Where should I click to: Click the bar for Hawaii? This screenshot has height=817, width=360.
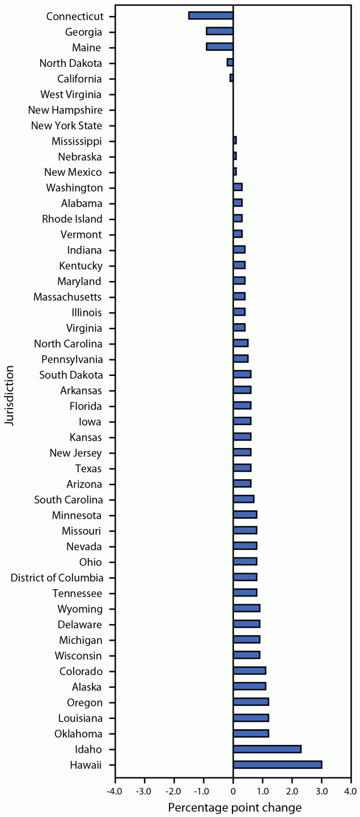pyautogui.click(x=277, y=765)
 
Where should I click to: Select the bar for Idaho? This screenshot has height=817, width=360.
pyautogui.click(x=267, y=749)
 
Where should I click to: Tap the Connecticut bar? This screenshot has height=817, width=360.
pyautogui.click(x=211, y=15)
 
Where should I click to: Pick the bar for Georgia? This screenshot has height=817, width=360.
pyautogui.click(x=219, y=31)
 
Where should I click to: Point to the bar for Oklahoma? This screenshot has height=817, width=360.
pyautogui.click(x=251, y=734)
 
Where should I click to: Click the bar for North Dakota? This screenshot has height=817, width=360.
pyautogui.click(x=230, y=62)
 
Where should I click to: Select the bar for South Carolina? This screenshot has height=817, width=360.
pyautogui.click(x=243, y=499)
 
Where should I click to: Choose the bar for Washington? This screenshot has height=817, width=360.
pyautogui.click(x=238, y=188)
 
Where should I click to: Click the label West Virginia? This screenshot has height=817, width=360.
pyautogui.click(x=71, y=94)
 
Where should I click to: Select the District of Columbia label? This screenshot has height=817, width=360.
pyautogui.click(x=57, y=578)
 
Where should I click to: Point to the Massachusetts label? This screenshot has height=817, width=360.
pyautogui.click(x=67, y=297)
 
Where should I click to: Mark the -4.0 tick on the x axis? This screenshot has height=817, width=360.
pyautogui.click(x=115, y=790)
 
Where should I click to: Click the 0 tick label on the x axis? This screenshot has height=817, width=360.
pyautogui.click(x=233, y=790)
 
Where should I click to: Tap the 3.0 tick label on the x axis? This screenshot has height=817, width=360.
pyautogui.click(x=321, y=790)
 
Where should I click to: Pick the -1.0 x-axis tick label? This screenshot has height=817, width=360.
pyautogui.click(x=203, y=790)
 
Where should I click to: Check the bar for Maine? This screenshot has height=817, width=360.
pyautogui.click(x=219, y=47)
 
